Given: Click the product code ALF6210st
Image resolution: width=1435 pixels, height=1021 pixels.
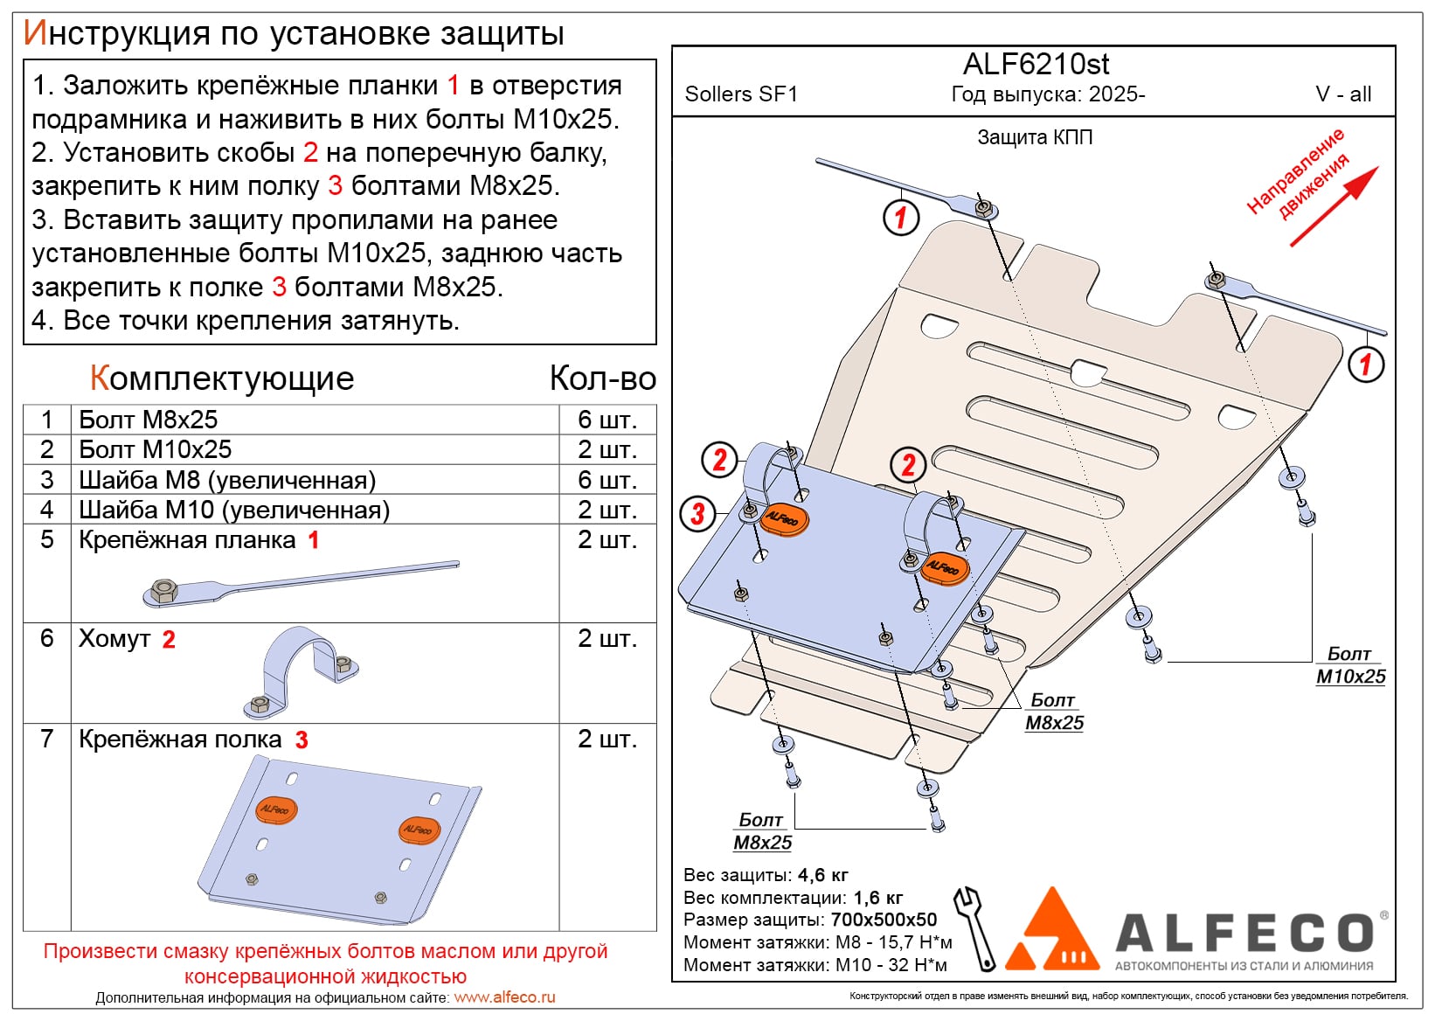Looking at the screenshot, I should coord(1036,65).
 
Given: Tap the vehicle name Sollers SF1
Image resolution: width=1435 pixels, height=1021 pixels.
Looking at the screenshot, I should coord(741,94).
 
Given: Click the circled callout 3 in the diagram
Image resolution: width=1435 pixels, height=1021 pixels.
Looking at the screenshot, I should coord(697,513).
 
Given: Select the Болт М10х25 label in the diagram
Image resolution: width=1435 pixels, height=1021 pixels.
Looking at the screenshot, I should coord(1350,665).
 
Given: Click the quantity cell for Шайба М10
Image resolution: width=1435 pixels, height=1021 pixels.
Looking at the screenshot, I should coord(607,510).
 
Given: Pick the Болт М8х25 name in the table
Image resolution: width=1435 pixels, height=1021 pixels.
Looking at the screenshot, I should coord(149,420).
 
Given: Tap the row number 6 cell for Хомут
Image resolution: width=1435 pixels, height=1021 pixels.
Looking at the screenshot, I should coord(47,638).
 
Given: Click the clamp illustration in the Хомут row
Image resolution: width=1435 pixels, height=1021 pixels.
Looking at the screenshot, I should coord(302,672).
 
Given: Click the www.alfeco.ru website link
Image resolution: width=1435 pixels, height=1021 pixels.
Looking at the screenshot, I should coord(504,997).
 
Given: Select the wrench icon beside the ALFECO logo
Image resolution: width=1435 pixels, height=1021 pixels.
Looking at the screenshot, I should coord(975,928).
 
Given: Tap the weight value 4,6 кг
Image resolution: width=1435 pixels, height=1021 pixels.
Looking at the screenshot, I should coord(822,875).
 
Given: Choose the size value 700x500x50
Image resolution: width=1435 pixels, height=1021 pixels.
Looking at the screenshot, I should coord(884,920).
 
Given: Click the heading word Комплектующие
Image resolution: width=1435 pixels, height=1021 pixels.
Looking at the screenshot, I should coord(222,379).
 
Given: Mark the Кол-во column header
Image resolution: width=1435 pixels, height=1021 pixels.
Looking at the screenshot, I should coord(603,379).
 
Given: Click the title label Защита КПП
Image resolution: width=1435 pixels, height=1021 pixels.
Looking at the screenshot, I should coord(1035,137).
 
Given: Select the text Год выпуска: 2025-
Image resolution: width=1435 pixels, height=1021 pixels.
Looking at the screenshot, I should coord(1048,94).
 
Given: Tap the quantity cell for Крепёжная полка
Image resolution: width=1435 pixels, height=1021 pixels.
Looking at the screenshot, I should coord(607,740).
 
